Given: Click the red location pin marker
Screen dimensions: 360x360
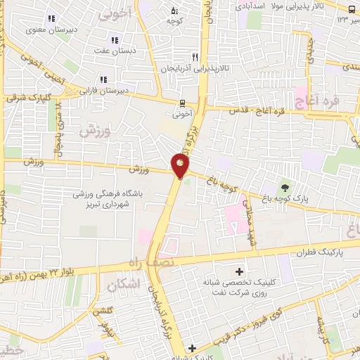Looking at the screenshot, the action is pos(180,165).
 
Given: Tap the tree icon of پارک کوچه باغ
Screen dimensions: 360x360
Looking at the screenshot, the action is pos(285,187).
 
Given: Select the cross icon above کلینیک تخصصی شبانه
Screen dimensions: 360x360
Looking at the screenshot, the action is pos(240,271).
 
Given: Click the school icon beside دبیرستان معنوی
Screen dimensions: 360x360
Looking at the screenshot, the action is pos(51,19).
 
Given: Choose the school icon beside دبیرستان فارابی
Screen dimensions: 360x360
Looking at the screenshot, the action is pos(103,79).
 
